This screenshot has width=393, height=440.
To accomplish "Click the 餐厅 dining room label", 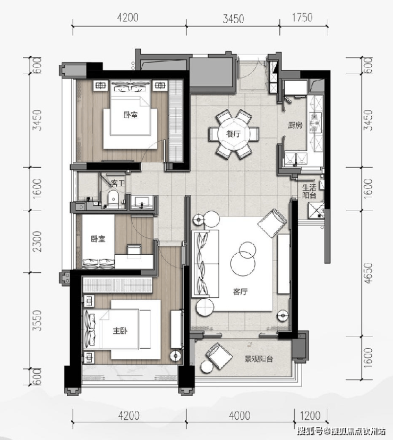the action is tap(234, 134).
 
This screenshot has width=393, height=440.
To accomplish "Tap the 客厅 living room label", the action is tap(240, 292).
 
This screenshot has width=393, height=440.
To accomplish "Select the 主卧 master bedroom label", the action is tap(120, 331).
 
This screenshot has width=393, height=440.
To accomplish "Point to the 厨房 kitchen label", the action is tap(295, 125).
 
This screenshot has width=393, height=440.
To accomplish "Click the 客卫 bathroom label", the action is tap(118, 184).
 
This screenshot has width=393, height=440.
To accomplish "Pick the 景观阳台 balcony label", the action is tap(259, 359).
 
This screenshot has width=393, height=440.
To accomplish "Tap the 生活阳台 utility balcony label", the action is tap(309, 191).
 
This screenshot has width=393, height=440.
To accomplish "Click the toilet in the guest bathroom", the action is tap(113, 199).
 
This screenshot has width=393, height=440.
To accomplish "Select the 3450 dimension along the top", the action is tap(233, 19).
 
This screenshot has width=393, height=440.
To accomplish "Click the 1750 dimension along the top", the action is tap(302, 18).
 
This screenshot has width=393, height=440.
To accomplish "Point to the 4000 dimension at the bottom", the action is tap(240, 416).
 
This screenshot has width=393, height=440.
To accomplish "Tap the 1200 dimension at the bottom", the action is tap(310, 416).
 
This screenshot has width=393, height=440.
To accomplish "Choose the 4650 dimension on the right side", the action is tap(368, 273).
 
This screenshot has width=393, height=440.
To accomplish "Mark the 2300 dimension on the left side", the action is tap(37, 241).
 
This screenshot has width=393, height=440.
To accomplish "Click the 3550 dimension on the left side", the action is tap(37, 321).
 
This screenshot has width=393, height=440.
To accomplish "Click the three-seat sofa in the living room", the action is tap(205, 264).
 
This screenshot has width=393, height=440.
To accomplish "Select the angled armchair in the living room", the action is tap(272, 223).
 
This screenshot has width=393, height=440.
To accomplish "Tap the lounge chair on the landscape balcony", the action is tap(219, 356).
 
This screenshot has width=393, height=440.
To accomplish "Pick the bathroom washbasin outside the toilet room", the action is tap(142, 202).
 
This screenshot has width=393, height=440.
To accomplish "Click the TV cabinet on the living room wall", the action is tap(284, 264).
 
